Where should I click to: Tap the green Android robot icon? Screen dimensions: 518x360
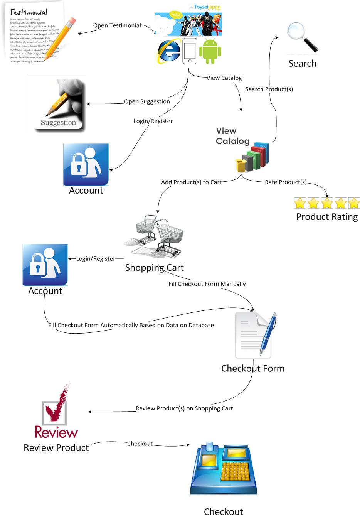coord(210,51)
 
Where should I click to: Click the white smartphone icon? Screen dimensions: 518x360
coord(189,51)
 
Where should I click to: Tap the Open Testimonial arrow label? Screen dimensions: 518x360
coord(117,25)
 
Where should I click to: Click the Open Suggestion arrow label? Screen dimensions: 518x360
coord(147,101)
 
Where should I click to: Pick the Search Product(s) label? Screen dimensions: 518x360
coord(269,89)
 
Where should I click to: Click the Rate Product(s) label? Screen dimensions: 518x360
coord(286,182)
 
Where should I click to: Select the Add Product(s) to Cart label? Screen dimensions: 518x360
coord(191,182)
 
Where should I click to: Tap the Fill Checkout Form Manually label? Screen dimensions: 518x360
coord(207,284)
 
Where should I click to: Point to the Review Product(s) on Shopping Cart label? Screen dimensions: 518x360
coord(184,408)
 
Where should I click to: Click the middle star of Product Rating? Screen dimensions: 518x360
coord(327,202)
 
